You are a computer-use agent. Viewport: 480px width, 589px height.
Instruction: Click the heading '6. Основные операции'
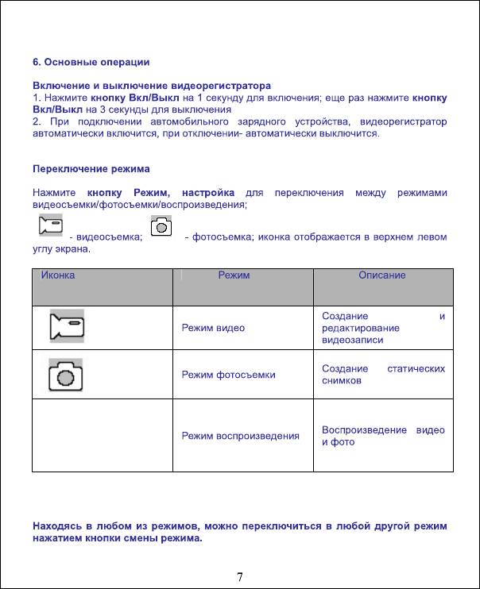pyautogui.click(x=91, y=61)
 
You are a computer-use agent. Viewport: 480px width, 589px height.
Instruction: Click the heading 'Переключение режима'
pyautogui.click(x=91, y=169)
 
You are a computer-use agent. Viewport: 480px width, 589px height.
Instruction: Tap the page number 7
pyautogui.click(x=239, y=576)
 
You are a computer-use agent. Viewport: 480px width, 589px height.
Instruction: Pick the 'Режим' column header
pyautogui.click(x=234, y=275)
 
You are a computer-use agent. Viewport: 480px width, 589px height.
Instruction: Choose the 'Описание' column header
pyautogui.click(x=381, y=275)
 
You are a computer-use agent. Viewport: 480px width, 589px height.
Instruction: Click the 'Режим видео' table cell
pyautogui.click(x=213, y=327)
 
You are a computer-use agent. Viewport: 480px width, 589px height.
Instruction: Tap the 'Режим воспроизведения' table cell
pyautogui.click(x=240, y=436)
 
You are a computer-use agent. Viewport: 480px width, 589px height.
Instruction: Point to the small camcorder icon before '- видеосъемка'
pyautogui.click(x=51, y=226)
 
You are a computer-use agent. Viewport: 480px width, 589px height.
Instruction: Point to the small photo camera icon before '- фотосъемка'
pyautogui.click(x=162, y=226)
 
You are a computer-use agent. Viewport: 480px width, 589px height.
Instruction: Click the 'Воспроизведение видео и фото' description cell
pyautogui.click(x=383, y=436)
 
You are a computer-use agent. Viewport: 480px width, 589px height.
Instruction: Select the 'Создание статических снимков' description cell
pyautogui.click(x=383, y=375)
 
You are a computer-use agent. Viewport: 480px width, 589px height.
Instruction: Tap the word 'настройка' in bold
pyautogui.click(x=207, y=193)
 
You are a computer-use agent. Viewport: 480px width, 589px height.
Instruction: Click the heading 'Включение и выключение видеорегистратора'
pyautogui.click(x=151, y=85)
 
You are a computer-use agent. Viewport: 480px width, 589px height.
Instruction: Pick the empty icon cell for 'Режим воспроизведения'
pyautogui.click(x=102, y=436)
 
